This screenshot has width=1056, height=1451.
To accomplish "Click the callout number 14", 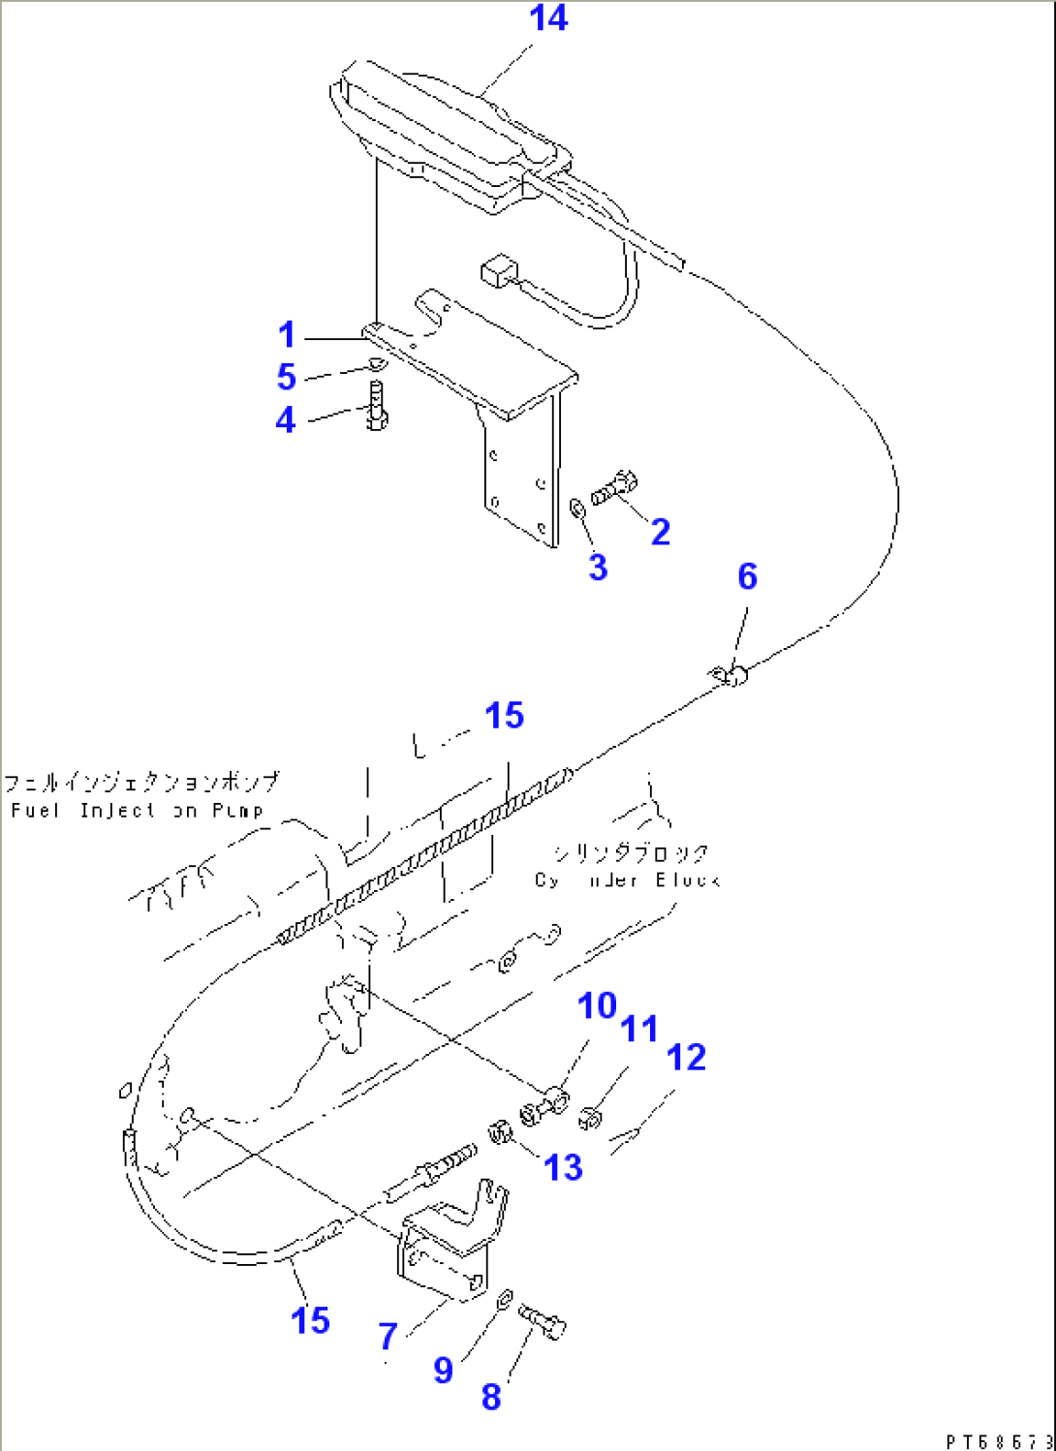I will click(x=547, y=18).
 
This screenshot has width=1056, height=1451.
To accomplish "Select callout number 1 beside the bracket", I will click(x=287, y=335).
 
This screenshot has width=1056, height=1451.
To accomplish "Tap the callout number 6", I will click(x=747, y=576).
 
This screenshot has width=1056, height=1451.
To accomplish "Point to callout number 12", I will click(x=686, y=1058).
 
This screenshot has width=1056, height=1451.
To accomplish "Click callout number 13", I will click(x=563, y=1167).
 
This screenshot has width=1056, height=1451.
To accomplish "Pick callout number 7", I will click(x=388, y=1337).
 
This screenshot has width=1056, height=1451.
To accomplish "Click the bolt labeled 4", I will click(x=378, y=407).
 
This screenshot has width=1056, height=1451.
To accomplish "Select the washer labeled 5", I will click(x=376, y=364).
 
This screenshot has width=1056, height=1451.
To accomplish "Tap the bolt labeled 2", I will click(x=614, y=487).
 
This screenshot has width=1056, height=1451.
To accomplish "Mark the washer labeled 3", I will click(x=575, y=508).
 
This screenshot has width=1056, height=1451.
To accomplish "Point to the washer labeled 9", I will click(x=504, y=1299).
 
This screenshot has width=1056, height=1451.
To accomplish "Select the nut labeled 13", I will click(x=500, y=1130).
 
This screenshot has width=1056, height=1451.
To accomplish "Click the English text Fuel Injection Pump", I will click(x=137, y=810).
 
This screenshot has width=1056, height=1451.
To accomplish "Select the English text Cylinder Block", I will click(x=626, y=880).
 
